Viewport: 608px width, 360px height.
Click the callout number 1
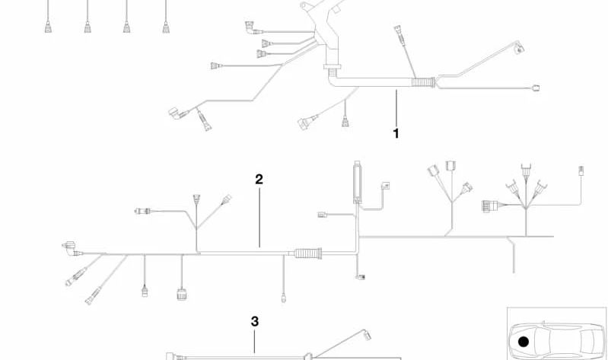tap(396, 133)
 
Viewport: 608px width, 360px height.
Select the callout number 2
tap(259, 179)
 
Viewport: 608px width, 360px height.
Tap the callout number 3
tap(254, 321)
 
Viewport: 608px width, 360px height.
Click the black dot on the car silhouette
tap(524, 342)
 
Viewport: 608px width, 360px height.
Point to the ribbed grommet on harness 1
tap(423, 82)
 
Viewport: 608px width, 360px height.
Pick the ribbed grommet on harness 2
tap(308, 253)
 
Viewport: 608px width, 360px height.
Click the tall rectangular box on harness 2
tap(357, 183)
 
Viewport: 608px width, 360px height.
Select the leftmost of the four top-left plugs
tap(48, 27)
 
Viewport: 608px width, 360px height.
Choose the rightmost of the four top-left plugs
tap(166, 27)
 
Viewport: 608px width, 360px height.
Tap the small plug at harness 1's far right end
tap(536, 88)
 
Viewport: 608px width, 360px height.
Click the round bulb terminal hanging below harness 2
tap(283, 298)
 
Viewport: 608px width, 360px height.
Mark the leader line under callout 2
tap(259, 217)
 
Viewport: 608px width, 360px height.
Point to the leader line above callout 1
tap(396, 107)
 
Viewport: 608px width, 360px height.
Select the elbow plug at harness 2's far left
tap(70, 249)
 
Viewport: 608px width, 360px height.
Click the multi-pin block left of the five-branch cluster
tap(490, 205)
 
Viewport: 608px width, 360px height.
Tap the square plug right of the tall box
tap(386, 186)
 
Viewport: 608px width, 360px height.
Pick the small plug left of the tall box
tap(323, 215)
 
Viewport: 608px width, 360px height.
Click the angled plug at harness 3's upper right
tap(367, 335)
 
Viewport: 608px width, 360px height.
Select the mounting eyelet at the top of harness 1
tap(305, 5)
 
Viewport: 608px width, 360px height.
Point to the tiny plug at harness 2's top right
tap(581, 170)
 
